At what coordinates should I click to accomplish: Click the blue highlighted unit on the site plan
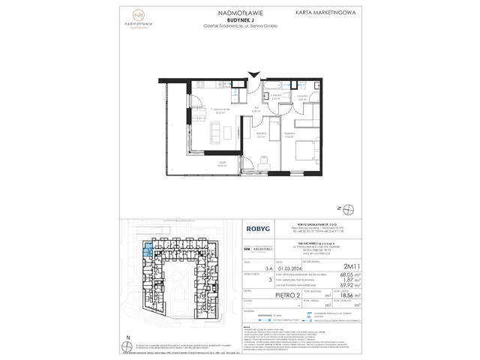point(148,250)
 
